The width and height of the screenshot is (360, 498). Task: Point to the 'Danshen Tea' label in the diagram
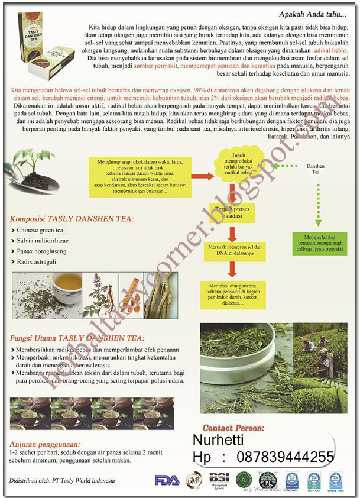pyautogui.click(x=316, y=169)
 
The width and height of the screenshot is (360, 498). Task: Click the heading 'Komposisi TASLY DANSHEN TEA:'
pyautogui.click(x=72, y=219)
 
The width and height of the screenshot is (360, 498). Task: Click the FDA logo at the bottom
pyautogui.click(x=167, y=480)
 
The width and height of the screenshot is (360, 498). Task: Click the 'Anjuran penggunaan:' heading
pyautogui.click(x=44, y=444)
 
